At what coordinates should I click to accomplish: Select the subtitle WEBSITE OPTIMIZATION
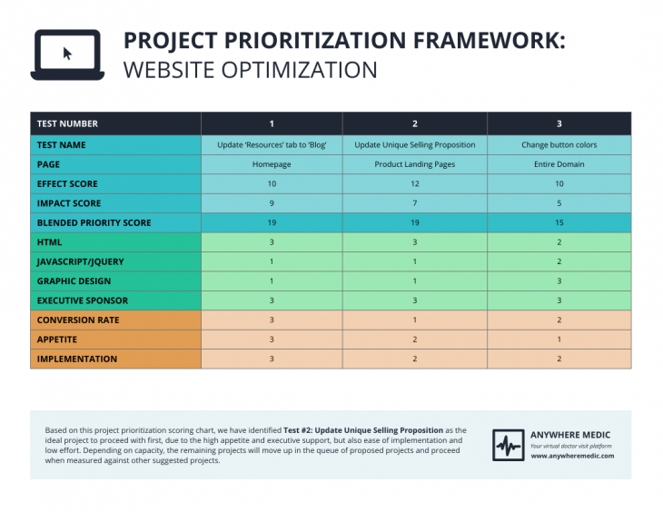[x=250, y=70]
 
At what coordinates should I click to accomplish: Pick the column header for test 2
[x=414, y=123]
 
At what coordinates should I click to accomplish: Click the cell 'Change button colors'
[x=559, y=145]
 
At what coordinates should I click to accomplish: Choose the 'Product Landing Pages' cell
[x=414, y=164]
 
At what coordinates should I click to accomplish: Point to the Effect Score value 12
[x=414, y=184]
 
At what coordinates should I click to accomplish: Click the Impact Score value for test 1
[x=271, y=203]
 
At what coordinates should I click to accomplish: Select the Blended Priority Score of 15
[x=559, y=222]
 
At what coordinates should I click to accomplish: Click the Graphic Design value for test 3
[x=559, y=281]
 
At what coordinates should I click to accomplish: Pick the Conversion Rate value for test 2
[x=414, y=320]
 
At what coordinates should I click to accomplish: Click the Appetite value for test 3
[x=559, y=340]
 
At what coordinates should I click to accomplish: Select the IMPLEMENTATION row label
[x=76, y=359]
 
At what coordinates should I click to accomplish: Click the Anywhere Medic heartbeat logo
[x=508, y=445]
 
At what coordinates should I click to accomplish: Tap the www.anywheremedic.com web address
[x=572, y=456]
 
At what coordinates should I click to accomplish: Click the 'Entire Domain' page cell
[x=559, y=164]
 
